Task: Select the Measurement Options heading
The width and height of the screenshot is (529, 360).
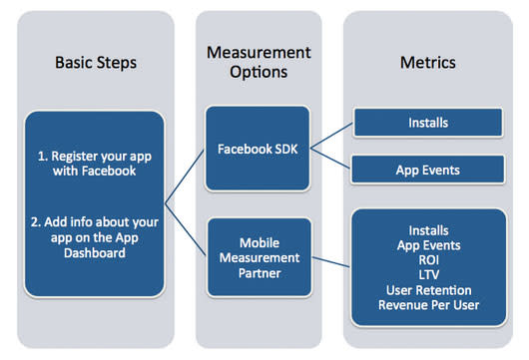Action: pos(258,62)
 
